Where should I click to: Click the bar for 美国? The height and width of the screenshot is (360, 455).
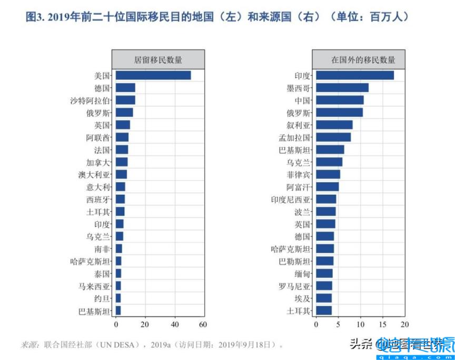(153, 75)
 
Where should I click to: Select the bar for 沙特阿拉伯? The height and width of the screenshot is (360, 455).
(125, 100)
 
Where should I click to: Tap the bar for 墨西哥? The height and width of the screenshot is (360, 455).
(342, 87)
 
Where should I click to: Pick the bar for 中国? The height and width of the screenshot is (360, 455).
(340, 100)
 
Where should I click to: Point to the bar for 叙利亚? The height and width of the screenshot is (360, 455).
(334, 125)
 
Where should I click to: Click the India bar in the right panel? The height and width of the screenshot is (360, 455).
(355, 75)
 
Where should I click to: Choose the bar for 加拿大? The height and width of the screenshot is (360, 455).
(122, 162)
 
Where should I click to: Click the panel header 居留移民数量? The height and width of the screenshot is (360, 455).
(158, 60)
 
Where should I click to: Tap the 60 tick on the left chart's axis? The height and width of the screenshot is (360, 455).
(202, 324)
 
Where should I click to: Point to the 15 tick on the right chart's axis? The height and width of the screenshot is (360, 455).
(383, 324)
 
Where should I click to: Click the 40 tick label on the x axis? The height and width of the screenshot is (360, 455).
(173, 324)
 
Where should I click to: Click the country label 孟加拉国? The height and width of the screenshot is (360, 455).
(295, 137)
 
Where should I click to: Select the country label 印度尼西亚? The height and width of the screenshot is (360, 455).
(291, 199)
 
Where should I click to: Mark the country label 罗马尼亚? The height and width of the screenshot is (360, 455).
(295, 286)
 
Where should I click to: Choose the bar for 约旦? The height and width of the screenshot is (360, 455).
(118, 298)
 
